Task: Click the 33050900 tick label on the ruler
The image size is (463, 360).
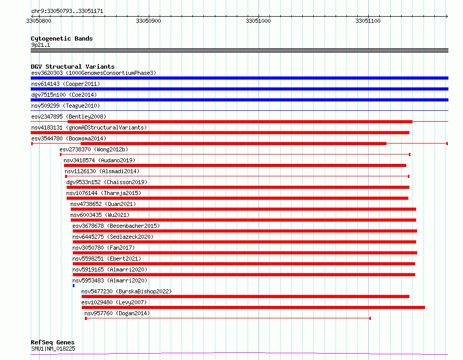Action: [x=148, y=21]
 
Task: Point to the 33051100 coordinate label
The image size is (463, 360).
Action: [x=368, y=21]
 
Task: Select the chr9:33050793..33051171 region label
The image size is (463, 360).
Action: [x=67, y=11]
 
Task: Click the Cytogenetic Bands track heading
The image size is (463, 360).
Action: [x=62, y=38]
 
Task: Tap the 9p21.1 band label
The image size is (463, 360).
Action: [x=41, y=45]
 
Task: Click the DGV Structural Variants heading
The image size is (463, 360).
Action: [x=73, y=67]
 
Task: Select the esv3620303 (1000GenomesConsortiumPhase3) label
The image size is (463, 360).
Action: [x=94, y=73]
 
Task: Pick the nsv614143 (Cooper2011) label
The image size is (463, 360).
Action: [x=66, y=84]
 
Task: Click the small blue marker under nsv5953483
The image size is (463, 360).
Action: [x=73, y=286]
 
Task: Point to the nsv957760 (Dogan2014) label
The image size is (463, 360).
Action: [x=117, y=313]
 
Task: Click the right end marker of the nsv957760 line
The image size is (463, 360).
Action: [x=370, y=318]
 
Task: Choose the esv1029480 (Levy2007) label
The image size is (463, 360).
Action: [x=114, y=302]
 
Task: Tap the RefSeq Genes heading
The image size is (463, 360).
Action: [x=53, y=342]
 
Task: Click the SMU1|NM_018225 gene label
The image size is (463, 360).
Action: [x=53, y=349]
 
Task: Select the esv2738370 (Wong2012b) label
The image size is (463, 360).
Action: [x=94, y=149]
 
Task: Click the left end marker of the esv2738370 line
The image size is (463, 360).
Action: [x=60, y=155]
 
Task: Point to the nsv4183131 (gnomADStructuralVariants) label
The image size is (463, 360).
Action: [x=89, y=127]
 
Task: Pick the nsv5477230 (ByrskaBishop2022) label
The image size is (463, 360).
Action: [x=126, y=291]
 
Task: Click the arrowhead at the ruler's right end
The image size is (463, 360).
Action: [x=447, y=16]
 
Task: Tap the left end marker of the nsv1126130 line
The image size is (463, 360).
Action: [x=66, y=176]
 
